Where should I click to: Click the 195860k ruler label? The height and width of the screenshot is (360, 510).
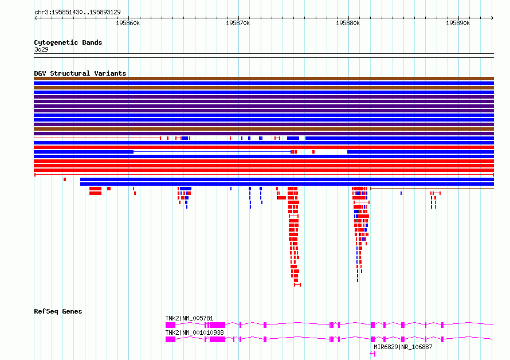point(128,23)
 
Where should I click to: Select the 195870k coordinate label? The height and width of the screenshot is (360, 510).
point(238,23)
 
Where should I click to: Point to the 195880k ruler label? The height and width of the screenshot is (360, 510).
point(348,23)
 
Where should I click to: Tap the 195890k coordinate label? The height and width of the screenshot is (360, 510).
point(458,23)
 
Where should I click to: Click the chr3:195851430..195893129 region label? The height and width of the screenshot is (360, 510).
point(77,12)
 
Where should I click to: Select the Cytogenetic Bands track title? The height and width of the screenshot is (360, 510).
point(68,42)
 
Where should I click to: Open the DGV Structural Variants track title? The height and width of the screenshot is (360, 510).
point(80,73)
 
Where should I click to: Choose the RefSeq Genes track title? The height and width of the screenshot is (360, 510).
point(58,311)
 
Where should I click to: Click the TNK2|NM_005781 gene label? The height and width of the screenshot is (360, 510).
point(189,318)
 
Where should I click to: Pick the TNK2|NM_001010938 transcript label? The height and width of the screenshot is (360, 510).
point(194,332)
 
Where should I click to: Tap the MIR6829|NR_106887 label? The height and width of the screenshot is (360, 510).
point(403,347)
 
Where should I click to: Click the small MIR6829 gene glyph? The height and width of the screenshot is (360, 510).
point(372,354)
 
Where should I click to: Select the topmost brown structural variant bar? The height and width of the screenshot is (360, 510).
point(264,79)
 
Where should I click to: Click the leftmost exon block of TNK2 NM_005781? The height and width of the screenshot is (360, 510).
point(170,325)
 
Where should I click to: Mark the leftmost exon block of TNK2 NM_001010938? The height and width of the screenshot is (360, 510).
point(170,339)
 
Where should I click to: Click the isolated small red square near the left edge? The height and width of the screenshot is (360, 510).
point(65,179)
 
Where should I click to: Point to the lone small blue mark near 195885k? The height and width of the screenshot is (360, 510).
point(401,193)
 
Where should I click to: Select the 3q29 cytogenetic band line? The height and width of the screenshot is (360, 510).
point(264,54)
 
